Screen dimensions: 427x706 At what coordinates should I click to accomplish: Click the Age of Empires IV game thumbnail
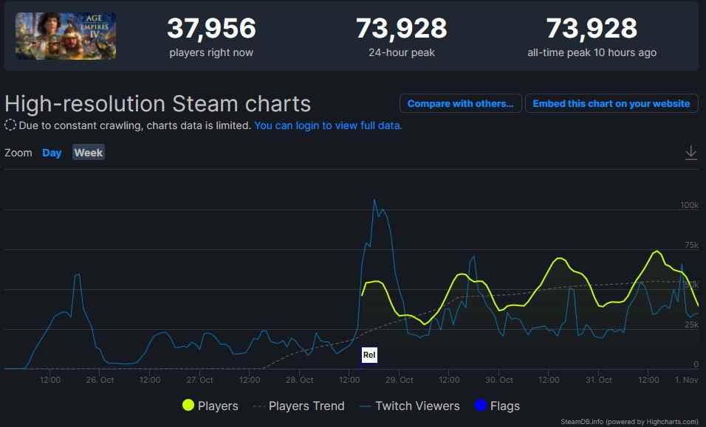point(66,36)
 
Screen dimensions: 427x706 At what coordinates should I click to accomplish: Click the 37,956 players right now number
point(211,29)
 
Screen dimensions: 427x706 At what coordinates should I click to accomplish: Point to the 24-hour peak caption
point(401,53)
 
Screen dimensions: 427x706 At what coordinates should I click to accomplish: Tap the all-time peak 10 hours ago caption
point(592,53)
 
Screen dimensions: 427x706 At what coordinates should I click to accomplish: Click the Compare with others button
point(460,103)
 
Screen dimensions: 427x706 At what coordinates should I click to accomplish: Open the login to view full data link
point(328,125)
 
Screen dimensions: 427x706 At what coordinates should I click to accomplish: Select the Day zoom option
point(52,153)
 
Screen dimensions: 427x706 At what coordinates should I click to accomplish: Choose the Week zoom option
point(89,153)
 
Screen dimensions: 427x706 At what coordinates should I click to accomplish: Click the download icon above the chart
point(691,153)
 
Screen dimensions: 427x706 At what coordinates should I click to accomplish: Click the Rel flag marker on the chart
point(369,355)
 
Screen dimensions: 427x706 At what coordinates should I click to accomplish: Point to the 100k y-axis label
point(689,204)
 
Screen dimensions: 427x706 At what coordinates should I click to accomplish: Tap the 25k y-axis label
point(690,324)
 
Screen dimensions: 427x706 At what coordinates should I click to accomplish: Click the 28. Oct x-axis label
point(299,381)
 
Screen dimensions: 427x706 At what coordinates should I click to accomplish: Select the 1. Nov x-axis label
point(686,381)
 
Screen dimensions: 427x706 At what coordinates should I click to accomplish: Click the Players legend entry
point(210,406)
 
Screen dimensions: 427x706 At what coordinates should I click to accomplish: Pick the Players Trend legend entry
point(298,406)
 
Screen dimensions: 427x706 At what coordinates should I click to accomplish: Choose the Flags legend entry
point(497,406)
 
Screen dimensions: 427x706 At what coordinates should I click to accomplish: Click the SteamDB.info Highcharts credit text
point(629,422)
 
